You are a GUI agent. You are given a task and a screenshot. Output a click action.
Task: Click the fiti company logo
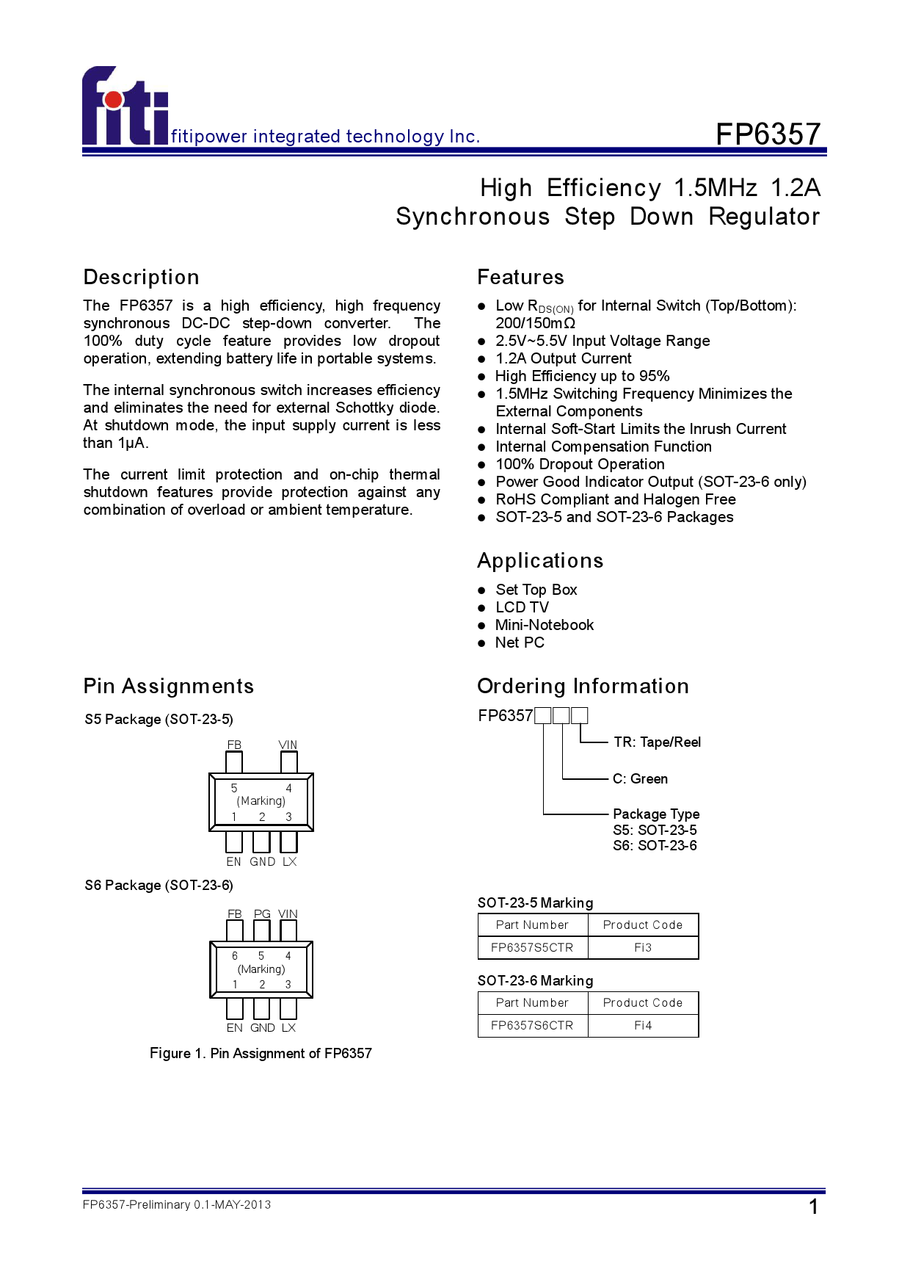point(125,107)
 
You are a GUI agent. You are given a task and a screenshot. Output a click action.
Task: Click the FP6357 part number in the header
point(768,134)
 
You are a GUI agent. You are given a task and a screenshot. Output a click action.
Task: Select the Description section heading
point(142,277)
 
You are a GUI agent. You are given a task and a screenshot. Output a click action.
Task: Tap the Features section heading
point(520,277)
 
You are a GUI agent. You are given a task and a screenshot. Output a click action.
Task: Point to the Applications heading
point(540,560)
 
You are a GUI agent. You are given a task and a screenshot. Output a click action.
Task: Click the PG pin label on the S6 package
point(262,913)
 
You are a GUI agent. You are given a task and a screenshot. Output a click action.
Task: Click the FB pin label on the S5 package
point(234,745)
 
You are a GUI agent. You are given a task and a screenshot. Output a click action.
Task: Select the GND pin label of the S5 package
point(262,861)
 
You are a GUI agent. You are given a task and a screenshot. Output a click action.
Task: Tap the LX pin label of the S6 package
point(288,1027)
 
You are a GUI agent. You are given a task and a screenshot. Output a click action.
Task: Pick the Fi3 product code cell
point(643,947)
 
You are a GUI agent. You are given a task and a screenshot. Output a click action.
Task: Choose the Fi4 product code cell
point(643,1025)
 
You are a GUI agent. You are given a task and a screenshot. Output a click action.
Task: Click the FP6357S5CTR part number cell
point(532,947)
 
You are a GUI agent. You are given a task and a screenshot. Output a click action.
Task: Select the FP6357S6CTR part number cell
point(532,1025)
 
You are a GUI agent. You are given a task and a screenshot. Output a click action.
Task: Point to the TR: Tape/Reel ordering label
point(657,742)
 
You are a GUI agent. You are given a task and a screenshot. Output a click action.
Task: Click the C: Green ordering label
point(640,778)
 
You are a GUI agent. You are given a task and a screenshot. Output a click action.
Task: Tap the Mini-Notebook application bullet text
point(545,625)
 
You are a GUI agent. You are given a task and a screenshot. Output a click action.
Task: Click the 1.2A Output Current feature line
point(564,358)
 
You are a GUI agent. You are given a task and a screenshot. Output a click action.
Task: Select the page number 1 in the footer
point(813,1206)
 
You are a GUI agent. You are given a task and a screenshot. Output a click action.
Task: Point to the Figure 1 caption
point(261,1053)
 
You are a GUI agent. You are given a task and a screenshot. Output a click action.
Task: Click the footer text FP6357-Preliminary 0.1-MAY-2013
point(177,1204)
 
